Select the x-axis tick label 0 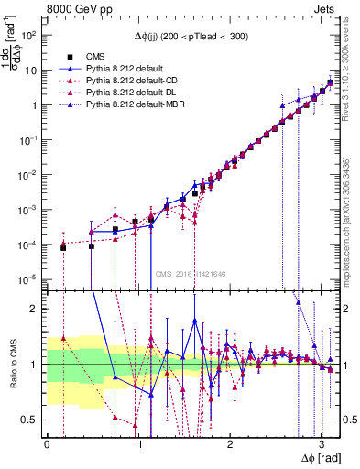pyautogui.click(x=47, y=443)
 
